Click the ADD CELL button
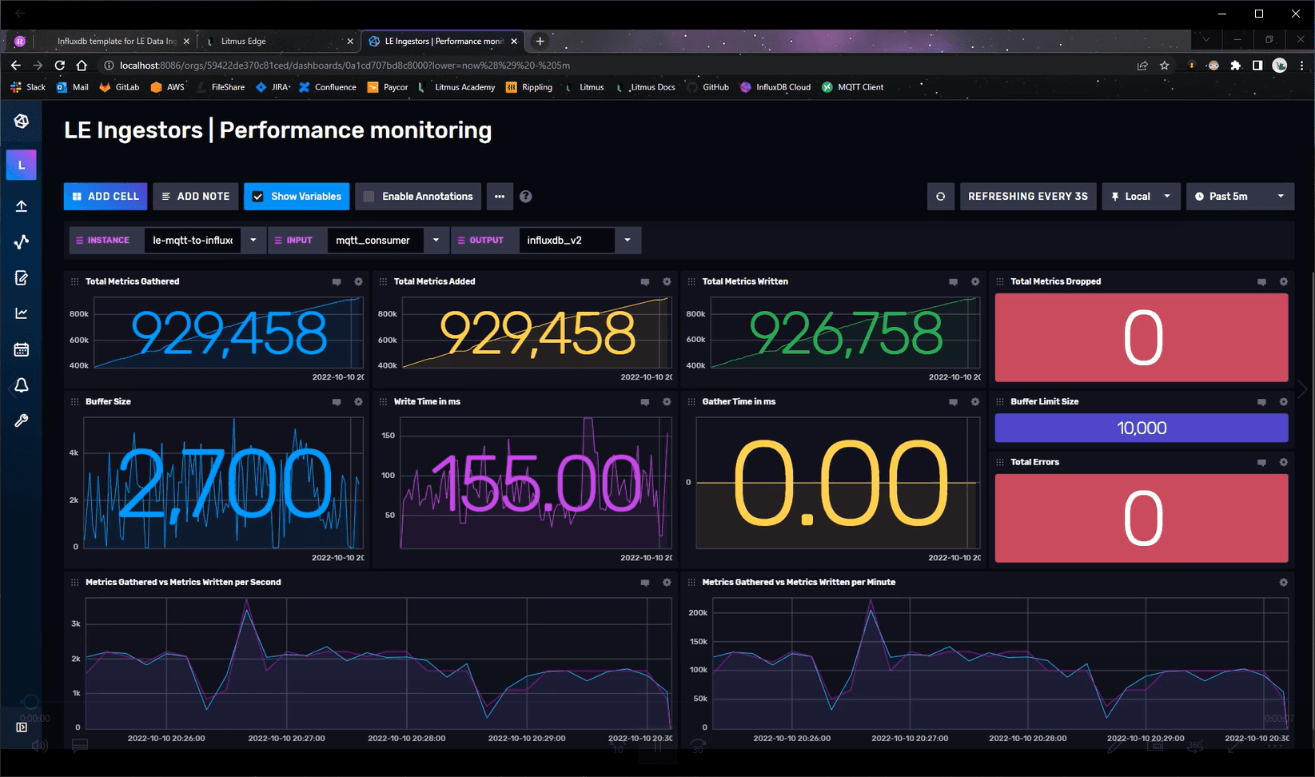coord(106,196)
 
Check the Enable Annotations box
coord(369,196)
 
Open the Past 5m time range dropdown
coord(1239,196)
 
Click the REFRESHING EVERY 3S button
coord(1027,196)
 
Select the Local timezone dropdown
coord(1141,196)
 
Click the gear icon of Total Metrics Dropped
coord(1283,281)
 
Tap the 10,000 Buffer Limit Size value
coord(1142,428)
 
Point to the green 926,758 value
coord(846,333)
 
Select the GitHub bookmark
coord(715,87)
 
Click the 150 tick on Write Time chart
coord(388,436)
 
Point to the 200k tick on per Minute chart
coord(698,613)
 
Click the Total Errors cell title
coord(1034,462)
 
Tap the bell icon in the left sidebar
coord(22,385)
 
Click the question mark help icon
coord(525,196)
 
